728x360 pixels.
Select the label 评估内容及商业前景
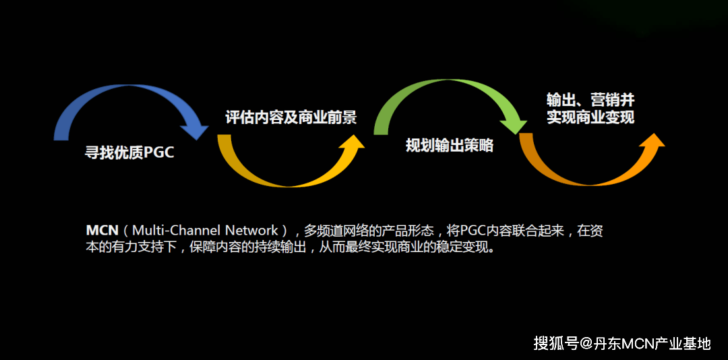click(x=291, y=117)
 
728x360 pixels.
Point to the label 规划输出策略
click(x=449, y=145)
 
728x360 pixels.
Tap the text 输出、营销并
click(x=590, y=100)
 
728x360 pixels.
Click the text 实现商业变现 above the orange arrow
click(x=590, y=117)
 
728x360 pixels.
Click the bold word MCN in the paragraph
click(x=102, y=231)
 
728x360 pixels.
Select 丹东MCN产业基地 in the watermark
click(x=652, y=344)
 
